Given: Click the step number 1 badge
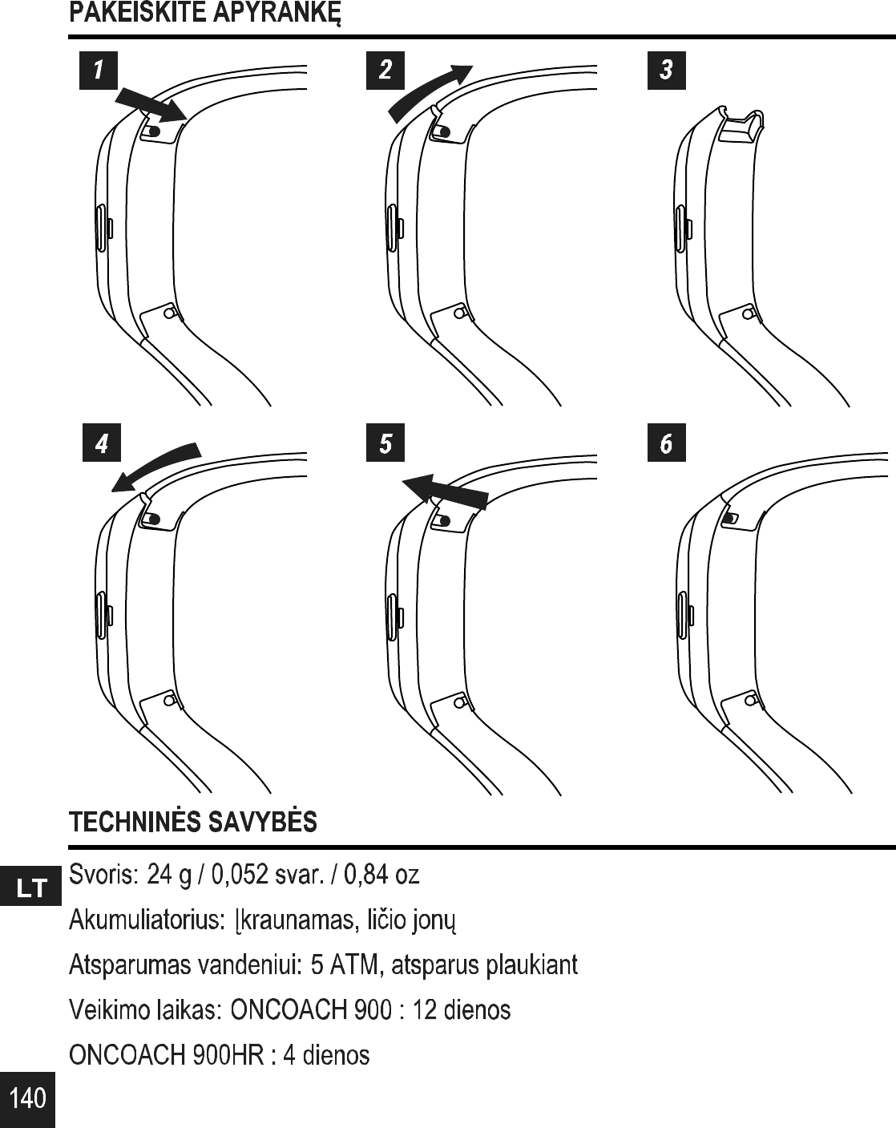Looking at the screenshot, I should pyautogui.click(x=99, y=70).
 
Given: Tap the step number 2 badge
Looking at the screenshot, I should pyautogui.click(x=385, y=70).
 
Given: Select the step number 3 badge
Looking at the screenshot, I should pyautogui.click(x=666, y=70).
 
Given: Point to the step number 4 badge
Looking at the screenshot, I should pyautogui.click(x=101, y=443).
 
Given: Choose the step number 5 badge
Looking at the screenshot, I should pyautogui.click(x=385, y=443).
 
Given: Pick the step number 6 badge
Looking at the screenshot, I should pyautogui.click(x=666, y=443).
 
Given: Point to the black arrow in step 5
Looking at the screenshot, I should pyautogui.click(x=446, y=489).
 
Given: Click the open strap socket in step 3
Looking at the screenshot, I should pyautogui.click(x=741, y=128).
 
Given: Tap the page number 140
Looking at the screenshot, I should pyautogui.click(x=28, y=1098).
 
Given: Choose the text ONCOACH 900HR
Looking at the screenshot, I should pyautogui.click(x=167, y=1054).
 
